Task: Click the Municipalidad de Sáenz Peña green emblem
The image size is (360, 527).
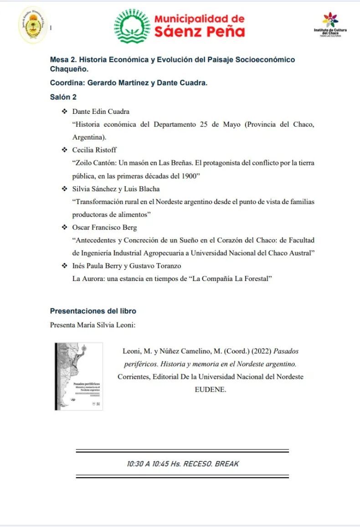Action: pyautogui.click(x=132, y=26)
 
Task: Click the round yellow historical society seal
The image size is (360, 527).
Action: pyautogui.click(x=32, y=26)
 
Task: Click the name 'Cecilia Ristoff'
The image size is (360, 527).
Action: pyautogui.click(x=94, y=150)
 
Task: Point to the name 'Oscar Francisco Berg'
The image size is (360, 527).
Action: pyautogui.click(x=104, y=227)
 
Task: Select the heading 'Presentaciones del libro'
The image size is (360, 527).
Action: pyautogui.click(x=93, y=311)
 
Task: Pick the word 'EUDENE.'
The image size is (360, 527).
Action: pyautogui.click(x=211, y=389)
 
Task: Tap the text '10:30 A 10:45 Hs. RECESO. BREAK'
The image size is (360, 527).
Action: pyautogui.click(x=183, y=464)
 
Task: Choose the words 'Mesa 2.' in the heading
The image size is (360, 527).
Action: pyautogui.click(x=62, y=60)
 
